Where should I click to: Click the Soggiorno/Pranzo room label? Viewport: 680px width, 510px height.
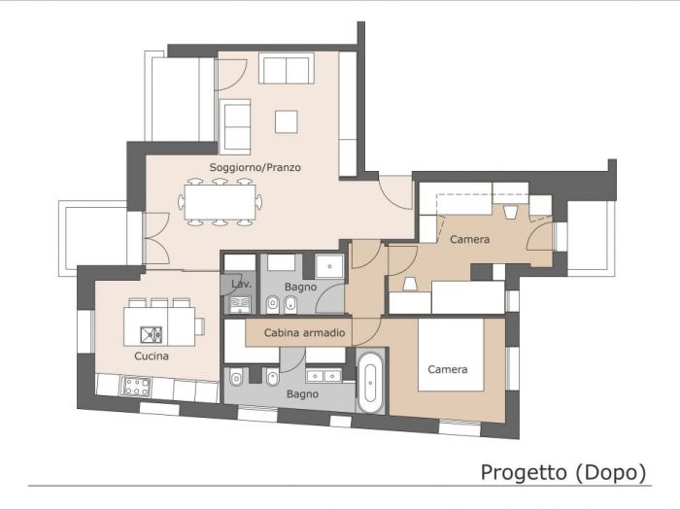click(x=255, y=167)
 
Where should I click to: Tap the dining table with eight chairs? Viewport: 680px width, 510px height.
click(x=221, y=203)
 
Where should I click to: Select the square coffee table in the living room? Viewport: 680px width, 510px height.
click(x=286, y=120)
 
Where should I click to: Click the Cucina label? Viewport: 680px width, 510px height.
click(x=152, y=357)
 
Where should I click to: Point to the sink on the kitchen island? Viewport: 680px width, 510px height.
click(x=152, y=335)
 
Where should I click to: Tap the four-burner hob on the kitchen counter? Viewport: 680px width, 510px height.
click(x=135, y=387)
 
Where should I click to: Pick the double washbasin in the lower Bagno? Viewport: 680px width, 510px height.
click(x=324, y=374)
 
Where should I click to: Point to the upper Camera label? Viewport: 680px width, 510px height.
click(x=470, y=239)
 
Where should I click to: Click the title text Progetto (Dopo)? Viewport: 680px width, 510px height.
click(x=563, y=472)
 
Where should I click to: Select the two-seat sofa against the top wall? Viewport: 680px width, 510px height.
click(x=286, y=69)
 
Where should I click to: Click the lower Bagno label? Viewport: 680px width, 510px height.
click(x=303, y=394)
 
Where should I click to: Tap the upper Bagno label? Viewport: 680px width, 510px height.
click(x=301, y=289)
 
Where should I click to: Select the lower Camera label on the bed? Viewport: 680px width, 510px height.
click(x=448, y=369)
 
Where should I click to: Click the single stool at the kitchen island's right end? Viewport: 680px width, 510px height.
click(x=199, y=326)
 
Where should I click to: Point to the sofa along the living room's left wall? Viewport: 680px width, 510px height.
click(x=236, y=126)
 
